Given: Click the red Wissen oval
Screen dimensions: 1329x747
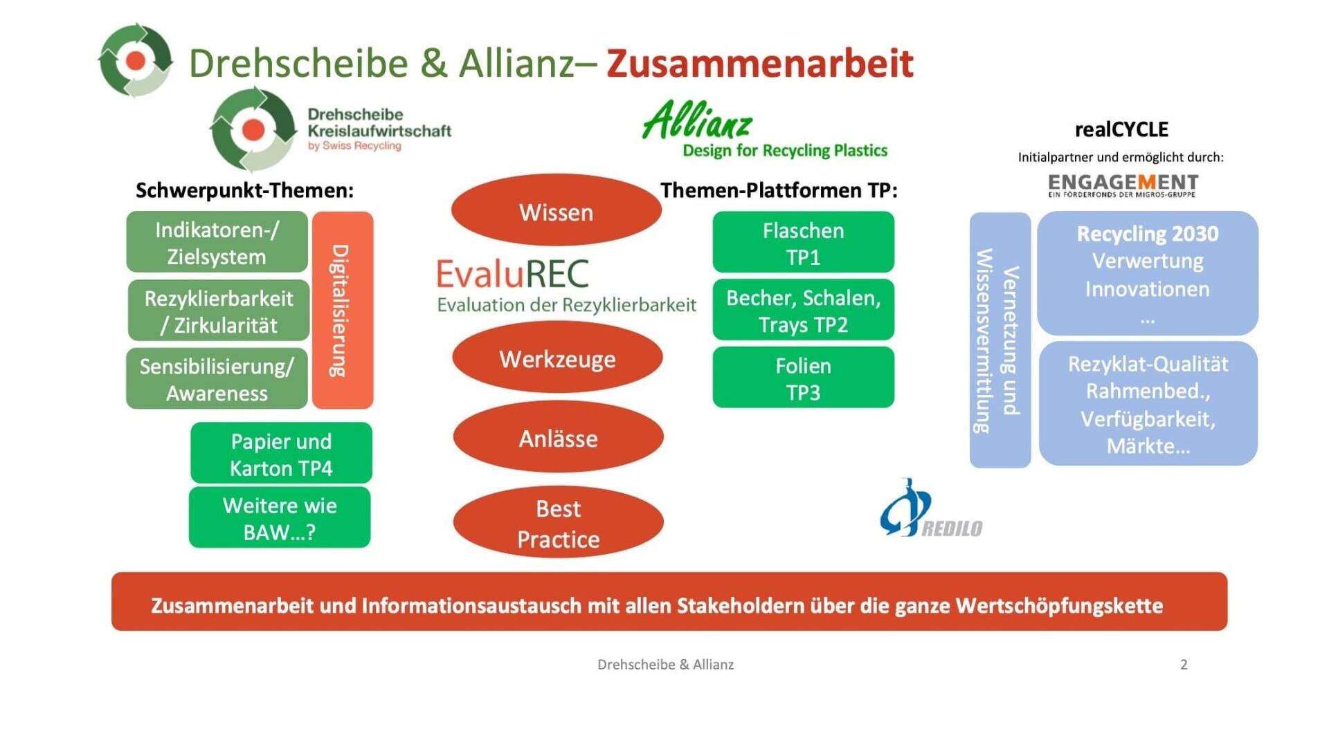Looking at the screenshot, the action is [557, 210].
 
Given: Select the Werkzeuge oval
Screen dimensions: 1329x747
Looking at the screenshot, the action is [557, 357].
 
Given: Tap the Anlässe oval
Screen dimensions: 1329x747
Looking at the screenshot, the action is [559, 436].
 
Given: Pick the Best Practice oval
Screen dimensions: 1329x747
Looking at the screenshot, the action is [559, 522].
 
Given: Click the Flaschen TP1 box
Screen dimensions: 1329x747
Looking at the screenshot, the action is [804, 242].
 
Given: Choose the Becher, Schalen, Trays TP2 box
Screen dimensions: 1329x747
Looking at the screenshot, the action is [804, 310].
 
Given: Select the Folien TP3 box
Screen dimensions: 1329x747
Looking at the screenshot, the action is [804, 377].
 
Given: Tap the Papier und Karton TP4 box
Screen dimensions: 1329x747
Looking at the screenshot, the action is [281, 453].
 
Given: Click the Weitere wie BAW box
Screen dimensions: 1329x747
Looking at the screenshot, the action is [280, 517].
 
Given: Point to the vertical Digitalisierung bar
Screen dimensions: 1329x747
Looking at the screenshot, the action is [343, 310].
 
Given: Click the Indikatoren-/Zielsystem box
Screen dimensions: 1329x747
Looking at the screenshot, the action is [217, 242].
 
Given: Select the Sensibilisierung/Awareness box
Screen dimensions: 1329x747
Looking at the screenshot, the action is [217, 378].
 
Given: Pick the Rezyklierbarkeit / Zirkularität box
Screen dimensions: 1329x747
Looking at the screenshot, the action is [219, 311].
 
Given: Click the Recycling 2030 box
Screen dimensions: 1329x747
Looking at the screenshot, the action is [1148, 273].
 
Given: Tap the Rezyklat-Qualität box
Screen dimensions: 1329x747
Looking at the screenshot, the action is [1148, 403].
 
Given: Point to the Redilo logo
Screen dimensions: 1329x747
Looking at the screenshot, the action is [930, 509].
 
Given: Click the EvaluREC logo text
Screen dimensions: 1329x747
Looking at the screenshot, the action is [513, 273].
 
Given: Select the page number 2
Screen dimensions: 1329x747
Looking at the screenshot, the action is [1184, 665].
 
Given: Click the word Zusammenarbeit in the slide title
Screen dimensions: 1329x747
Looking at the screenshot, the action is [760, 63].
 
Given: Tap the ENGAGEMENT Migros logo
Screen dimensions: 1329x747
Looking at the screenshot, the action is [1123, 185].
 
